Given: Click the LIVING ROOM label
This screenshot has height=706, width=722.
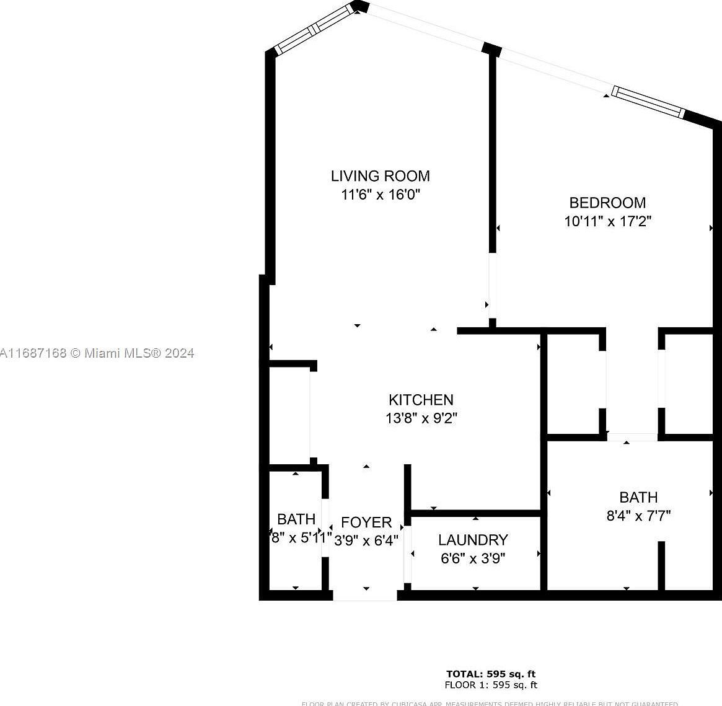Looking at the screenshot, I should [x=380, y=176].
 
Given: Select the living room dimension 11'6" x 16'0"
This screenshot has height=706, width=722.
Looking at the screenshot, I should [x=380, y=195].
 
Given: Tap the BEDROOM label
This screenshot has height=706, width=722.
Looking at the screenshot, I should [x=607, y=203].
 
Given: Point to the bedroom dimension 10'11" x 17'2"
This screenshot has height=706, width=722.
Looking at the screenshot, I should [x=607, y=221].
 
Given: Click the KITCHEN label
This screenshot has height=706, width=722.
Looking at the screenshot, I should [x=421, y=400].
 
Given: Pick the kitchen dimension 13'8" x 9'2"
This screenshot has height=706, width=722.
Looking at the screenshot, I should [x=421, y=418].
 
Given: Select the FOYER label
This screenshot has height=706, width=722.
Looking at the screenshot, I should [x=366, y=522].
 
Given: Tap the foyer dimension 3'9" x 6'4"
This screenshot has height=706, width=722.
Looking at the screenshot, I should [x=366, y=541].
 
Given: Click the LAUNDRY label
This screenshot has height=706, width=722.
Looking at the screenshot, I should [x=473, y=540].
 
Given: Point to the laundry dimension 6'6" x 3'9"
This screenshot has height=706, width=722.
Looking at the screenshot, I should [x=473, y=558].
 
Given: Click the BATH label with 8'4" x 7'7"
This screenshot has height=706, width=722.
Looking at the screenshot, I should [x=638, y=497].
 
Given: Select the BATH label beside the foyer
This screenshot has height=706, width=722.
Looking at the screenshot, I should [x=296, y=519].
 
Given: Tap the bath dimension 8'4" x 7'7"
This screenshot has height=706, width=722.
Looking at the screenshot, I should [x=638, y=515].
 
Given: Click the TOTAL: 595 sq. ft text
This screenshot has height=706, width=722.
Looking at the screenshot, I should [x=491, y=674].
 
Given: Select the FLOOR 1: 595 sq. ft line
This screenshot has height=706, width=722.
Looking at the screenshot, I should [x=491, y=685].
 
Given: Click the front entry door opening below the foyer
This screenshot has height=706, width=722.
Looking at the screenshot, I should [x=365, y=596].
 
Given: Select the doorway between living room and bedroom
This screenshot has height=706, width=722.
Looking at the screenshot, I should [x=492, y=286].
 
